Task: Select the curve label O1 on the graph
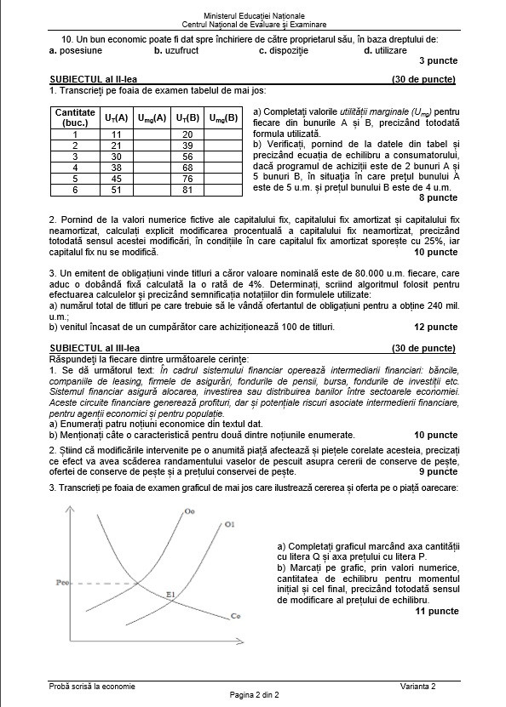pyautogui.click(x=229, y=526)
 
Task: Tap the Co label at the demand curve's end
pyautogui.click(x=235, y=616)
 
